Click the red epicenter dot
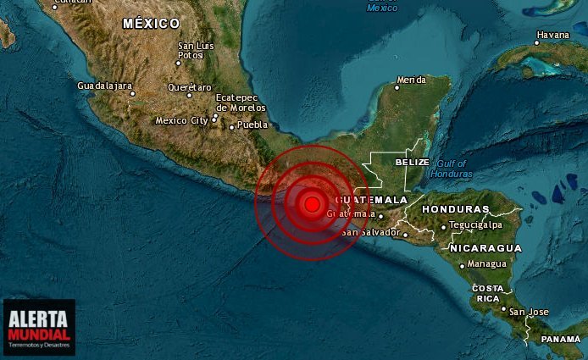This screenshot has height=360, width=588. point(312,203)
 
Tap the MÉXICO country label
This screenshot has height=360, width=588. point(151,24)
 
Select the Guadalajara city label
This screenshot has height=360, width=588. point(104,86)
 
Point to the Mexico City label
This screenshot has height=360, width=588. point(181,121)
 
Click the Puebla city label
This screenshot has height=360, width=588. point(252,125)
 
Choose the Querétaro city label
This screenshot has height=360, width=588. point(190,87)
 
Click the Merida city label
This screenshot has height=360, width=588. point(412,80)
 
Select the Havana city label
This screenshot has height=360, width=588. point(552,36)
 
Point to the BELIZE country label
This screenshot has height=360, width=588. point(413,162)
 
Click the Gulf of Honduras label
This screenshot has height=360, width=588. point(451,169)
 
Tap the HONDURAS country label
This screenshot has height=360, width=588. point(455,209)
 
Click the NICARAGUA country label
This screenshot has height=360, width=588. point(485,248)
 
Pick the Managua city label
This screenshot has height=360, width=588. point(489,264)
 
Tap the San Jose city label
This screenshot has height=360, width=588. point(529,312)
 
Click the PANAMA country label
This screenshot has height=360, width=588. point(561,340)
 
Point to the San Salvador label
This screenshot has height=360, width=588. point(370,232)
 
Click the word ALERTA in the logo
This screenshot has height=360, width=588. point(39,319)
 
